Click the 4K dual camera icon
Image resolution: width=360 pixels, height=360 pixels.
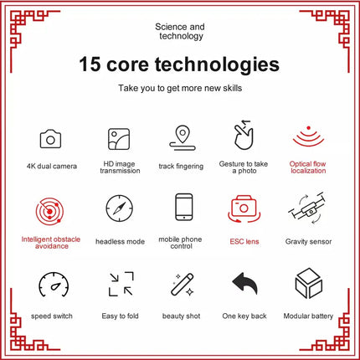click(x=50, y=139)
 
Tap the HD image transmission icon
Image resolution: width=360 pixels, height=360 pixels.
click(x=119, y=139)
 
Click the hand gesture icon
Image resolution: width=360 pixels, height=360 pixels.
click(x=244, y=135)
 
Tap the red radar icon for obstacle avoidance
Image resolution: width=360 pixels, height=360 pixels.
click(x=49, y=211)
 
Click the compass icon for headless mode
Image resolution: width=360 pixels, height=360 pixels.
click(x=120, y=208)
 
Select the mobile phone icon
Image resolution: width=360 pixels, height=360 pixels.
click(x=184, y=207)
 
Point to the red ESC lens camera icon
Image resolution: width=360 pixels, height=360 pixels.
click(x=244, y=208)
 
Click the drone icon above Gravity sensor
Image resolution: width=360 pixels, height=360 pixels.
click(x=307, y=208)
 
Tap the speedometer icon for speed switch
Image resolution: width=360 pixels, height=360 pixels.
click(x=54, y=285)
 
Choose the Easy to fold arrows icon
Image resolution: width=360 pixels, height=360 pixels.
click(x=121, y=284)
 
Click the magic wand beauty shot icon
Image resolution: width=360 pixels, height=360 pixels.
click(x=183, y=285)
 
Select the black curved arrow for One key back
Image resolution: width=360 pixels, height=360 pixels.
click(x=245, y=283)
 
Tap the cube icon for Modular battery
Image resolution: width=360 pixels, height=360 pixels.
click(x=309, y=283)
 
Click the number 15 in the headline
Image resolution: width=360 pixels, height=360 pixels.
click(x=90, y=64)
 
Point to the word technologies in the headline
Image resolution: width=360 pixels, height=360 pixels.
click(x=217, y=64)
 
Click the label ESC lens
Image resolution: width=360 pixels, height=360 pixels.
click(x=244, y=241)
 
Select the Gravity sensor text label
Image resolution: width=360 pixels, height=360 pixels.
click(x=308, y=242)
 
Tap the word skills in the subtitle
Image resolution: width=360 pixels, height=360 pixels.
click(x=232, y=88)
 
